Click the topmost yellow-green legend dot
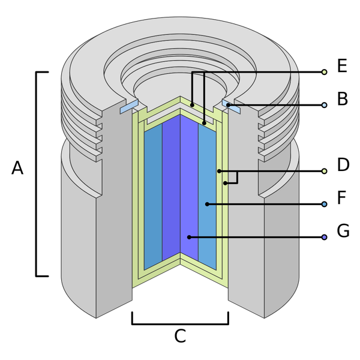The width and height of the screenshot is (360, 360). point(325,73)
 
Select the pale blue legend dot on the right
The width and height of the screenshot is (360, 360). point(325,105)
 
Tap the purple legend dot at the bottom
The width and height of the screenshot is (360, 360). point(325,237)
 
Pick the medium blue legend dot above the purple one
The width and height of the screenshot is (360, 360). point(325,205)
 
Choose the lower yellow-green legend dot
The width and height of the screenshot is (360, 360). point(325,171)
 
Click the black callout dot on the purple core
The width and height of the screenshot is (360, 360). point(189,237)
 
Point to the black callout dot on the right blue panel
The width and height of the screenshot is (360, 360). point(207,205)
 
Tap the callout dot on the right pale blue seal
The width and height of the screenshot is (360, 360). point(229,105)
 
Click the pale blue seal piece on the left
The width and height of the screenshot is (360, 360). point(128,107)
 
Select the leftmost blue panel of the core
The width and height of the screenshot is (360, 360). point(153,198)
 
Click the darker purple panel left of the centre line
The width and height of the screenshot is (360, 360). point(171,192)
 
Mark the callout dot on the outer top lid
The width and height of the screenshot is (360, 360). point(192,105)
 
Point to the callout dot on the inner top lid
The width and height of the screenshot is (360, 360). point(205,123)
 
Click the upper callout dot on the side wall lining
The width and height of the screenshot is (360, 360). point(220,171)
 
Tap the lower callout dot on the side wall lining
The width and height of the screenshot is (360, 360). point(225,182)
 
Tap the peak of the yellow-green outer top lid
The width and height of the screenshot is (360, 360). point(180,98)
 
